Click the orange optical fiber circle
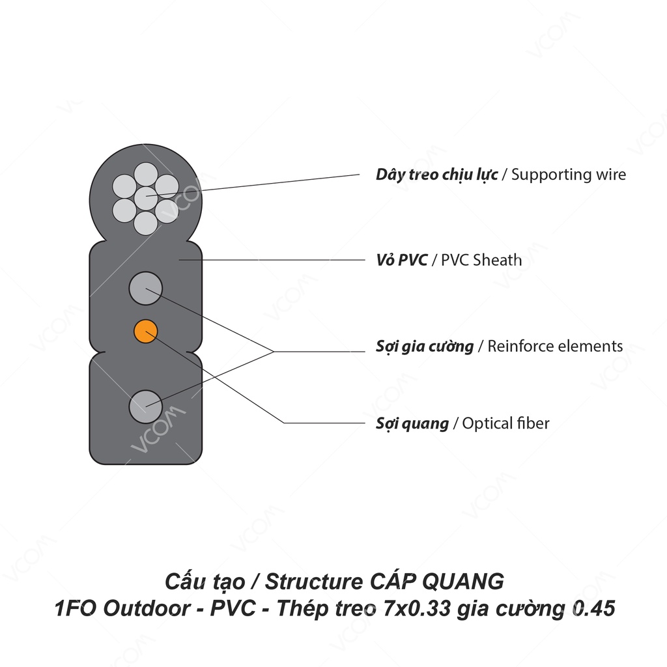pyautogui.click(x=145, y=331)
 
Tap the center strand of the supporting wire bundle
pyautogui.click(x=145, y=196)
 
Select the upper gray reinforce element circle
pyautogui.click(x=145, y=288)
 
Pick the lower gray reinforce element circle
pyautogui.click(x=145, y=406)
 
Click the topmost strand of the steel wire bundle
pyautogui.click(x=145, y=174)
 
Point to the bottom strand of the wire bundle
pyautogui.click(x=145, y=223)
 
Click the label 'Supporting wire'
pyautogui.click(x=569, y=175)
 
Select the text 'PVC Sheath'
pyautogui.click(x=481, y=260)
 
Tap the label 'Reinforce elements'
pyautogui.click(x=555, y=346)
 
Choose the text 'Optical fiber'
pyautogui.click(x=506, y=423)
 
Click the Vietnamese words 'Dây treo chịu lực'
pyautogui.click(x=436, y=175)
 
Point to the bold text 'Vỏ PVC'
pyautogui.click(x=401, y=260)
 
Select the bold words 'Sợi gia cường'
pyautogui.click(x=424, y=346)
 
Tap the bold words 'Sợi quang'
pyautogui.click(x=412, y=423)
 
